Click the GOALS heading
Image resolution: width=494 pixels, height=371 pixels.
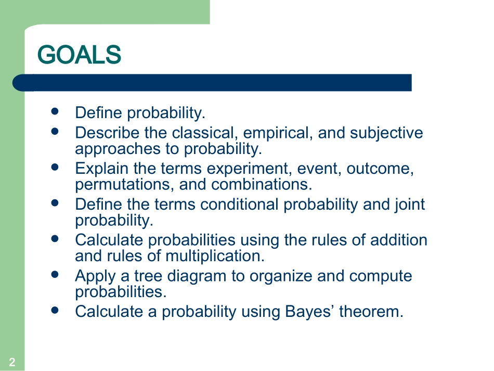click(79, 55)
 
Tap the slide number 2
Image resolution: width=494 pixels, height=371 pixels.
click(12, 362)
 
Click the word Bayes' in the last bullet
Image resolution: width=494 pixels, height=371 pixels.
click(309, 312)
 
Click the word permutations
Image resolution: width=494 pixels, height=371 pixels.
click(124, 185)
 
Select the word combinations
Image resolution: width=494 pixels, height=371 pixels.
click(262, 185)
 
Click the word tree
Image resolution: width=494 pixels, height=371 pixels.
click(148, 276)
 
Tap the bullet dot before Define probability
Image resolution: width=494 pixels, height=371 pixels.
click(55, 111)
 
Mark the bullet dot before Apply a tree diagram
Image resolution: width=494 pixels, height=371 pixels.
click(55, 274)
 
